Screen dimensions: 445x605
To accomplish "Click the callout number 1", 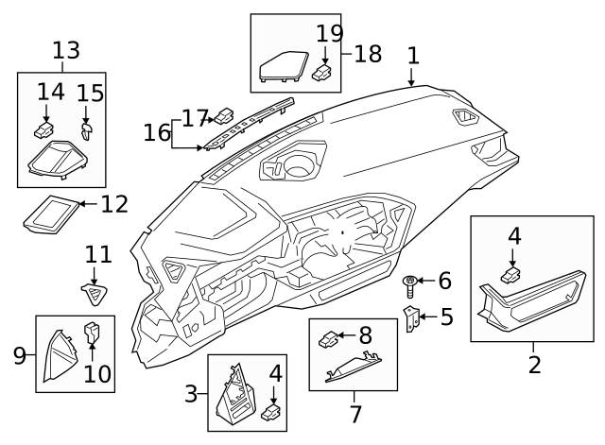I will [412, 57].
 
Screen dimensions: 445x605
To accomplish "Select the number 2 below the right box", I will [534, 364].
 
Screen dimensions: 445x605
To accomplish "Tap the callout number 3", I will [190, 393].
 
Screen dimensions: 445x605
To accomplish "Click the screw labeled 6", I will [410, 281].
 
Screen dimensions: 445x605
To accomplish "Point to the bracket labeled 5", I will [411, 318].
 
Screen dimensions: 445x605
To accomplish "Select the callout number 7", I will [355, 413].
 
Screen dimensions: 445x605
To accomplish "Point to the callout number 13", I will [66, 50].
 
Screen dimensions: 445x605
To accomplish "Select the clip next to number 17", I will [224, 116].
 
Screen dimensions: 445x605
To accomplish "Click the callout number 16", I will [156, 132].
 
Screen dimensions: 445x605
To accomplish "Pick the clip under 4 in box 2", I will [512, 276].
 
